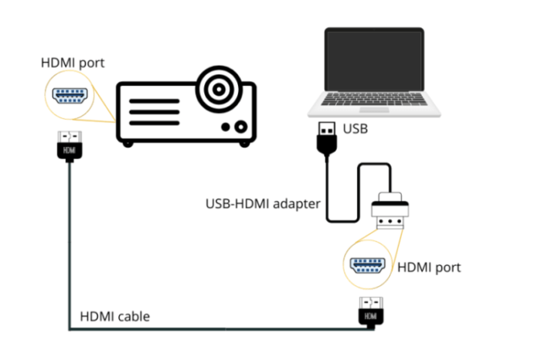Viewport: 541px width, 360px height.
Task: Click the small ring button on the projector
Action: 242,126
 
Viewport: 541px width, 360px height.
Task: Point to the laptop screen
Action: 374,59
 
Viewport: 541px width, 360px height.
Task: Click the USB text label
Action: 355,128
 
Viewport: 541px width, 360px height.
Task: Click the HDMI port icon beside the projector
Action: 70,97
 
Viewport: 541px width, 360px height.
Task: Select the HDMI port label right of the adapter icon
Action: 428,267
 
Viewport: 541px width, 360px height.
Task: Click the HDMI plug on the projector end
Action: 70,147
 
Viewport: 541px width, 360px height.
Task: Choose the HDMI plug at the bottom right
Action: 370,312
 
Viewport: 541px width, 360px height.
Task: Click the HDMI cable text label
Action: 114,317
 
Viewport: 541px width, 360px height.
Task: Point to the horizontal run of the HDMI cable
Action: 216,330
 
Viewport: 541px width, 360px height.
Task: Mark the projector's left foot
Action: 128,144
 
